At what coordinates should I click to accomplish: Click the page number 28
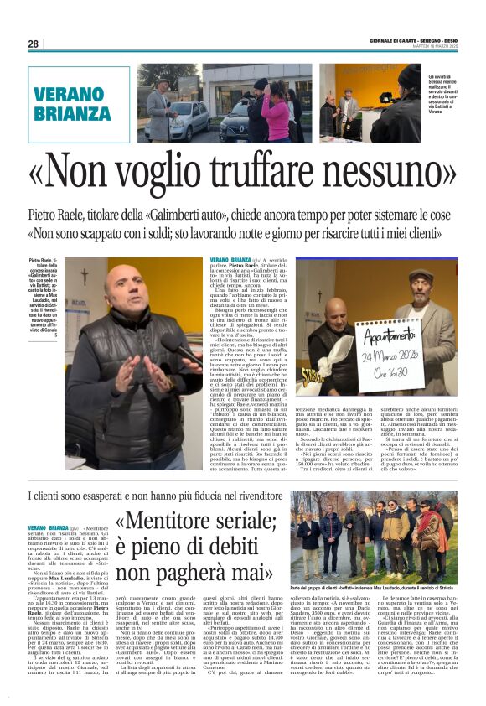pyautogui.click(x=33, y=44)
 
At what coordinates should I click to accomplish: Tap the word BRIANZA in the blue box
pyautogui.click(x=75, y=113)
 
